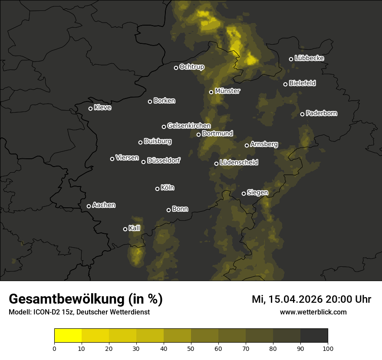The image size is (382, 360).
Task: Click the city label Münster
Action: pos(227,91)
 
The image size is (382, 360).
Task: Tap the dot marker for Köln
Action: pos(157,189)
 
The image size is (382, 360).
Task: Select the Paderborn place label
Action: pos(321,113)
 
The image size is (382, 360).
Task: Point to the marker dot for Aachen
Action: pos(89,206)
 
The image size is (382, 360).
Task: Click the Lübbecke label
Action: pos(309,58)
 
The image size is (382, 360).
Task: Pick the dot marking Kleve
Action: pos(90,108)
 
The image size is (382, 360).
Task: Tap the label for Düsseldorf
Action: pos(164,160)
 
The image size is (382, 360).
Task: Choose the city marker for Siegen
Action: pos(244,193)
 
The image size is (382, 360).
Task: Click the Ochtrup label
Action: pos(191,67)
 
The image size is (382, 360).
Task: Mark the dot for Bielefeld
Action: pos(285,84)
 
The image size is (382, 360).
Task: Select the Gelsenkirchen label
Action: pos(189,126)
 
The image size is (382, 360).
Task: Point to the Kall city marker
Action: pos(125,229)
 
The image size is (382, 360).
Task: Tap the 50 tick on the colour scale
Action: pos(191,348)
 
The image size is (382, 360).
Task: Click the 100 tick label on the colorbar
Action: pos(328,348)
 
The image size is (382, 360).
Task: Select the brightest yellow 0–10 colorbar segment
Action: pos(68,336)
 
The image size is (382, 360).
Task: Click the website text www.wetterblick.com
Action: pos(313,312)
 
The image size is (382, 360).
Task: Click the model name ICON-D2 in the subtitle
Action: pos(44,312)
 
